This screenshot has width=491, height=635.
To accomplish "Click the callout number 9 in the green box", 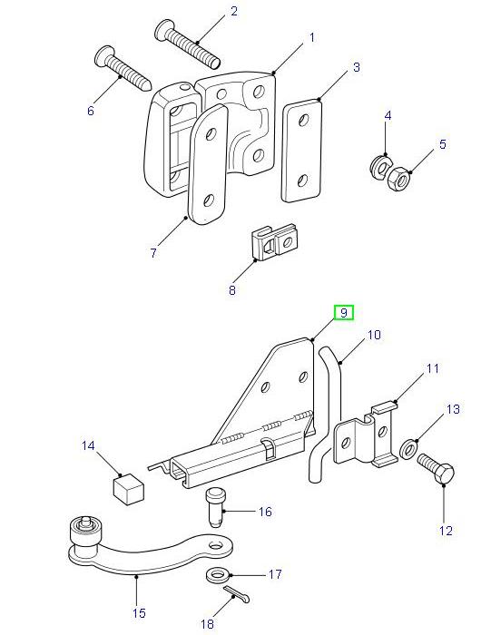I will pos(344,313).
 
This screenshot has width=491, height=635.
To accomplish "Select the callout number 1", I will pos(311,37).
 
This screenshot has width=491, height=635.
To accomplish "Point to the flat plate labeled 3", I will pos(300,151).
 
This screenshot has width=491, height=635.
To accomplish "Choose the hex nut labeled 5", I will pos(398,179).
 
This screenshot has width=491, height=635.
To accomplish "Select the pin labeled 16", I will pos(216,506).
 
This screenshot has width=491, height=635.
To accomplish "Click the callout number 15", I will pos(138,613).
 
